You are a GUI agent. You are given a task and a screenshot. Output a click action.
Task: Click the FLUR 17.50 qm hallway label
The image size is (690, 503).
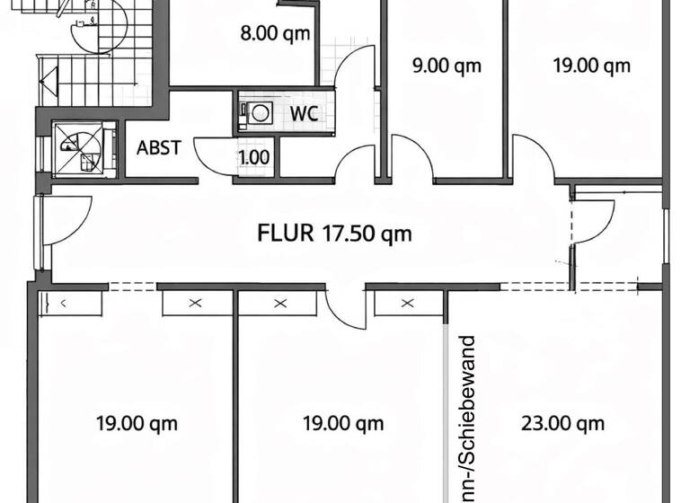[334, 234]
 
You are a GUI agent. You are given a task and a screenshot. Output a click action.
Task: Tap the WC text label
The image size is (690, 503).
[304, 114]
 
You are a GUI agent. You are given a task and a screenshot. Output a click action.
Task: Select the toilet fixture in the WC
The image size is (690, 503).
[260, 114]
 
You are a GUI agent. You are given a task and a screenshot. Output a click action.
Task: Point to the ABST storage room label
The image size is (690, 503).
[159, 148]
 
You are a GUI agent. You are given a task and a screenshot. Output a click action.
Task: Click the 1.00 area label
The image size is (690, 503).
[253, 157]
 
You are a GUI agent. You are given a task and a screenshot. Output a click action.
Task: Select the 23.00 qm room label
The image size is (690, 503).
[562, 423]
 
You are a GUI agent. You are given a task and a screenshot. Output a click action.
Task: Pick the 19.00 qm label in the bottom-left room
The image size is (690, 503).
[137, 423]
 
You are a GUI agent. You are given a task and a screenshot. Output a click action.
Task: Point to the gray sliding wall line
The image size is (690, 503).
[447, 404]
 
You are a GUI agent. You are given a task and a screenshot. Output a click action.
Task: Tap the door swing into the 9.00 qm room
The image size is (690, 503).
[411, 156]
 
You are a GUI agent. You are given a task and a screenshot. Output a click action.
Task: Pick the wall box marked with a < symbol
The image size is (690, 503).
[70, 304]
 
